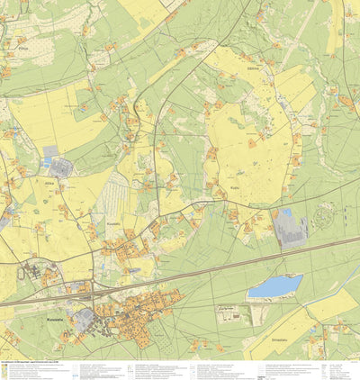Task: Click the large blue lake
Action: (274, 286)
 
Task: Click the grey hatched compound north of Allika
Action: (61, 167)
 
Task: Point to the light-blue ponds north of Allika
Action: (49, 153)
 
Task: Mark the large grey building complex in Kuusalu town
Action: (85, 318)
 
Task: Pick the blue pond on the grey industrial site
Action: (287, 214)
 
